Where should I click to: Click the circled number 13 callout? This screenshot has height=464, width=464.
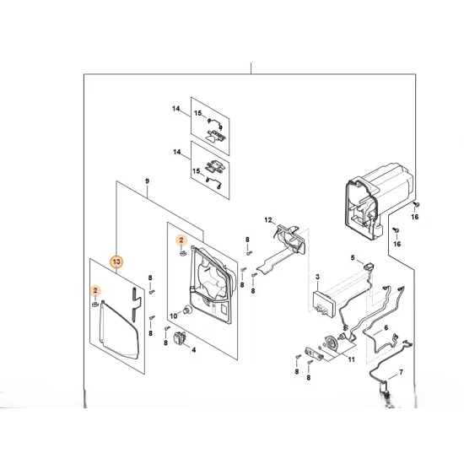point(116,262)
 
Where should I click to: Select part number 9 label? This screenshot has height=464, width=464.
point(147,181)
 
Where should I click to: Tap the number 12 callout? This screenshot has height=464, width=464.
point(268,220)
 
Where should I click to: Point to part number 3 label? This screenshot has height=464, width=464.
point(317,277)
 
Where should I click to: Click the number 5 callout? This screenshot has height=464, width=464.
point(353,258)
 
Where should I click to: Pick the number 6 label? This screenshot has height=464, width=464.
point(386,328)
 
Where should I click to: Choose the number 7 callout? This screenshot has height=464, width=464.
point(401,372)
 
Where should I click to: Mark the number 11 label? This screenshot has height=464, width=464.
point(351,359)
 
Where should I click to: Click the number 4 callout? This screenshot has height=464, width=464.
point(194,350)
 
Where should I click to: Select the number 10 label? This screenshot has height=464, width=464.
point(174,316)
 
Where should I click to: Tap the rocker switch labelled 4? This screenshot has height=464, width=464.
point(180,338)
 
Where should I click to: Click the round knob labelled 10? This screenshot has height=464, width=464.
point(187,310)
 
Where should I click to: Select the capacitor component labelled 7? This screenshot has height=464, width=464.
point(386,388)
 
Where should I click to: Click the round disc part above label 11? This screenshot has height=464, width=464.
point(331,343)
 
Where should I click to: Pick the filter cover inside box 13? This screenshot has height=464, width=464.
point(118,329)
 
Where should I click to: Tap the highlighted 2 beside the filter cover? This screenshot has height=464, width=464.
point(95,290)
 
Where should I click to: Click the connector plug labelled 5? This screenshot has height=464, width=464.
point(368,267)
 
